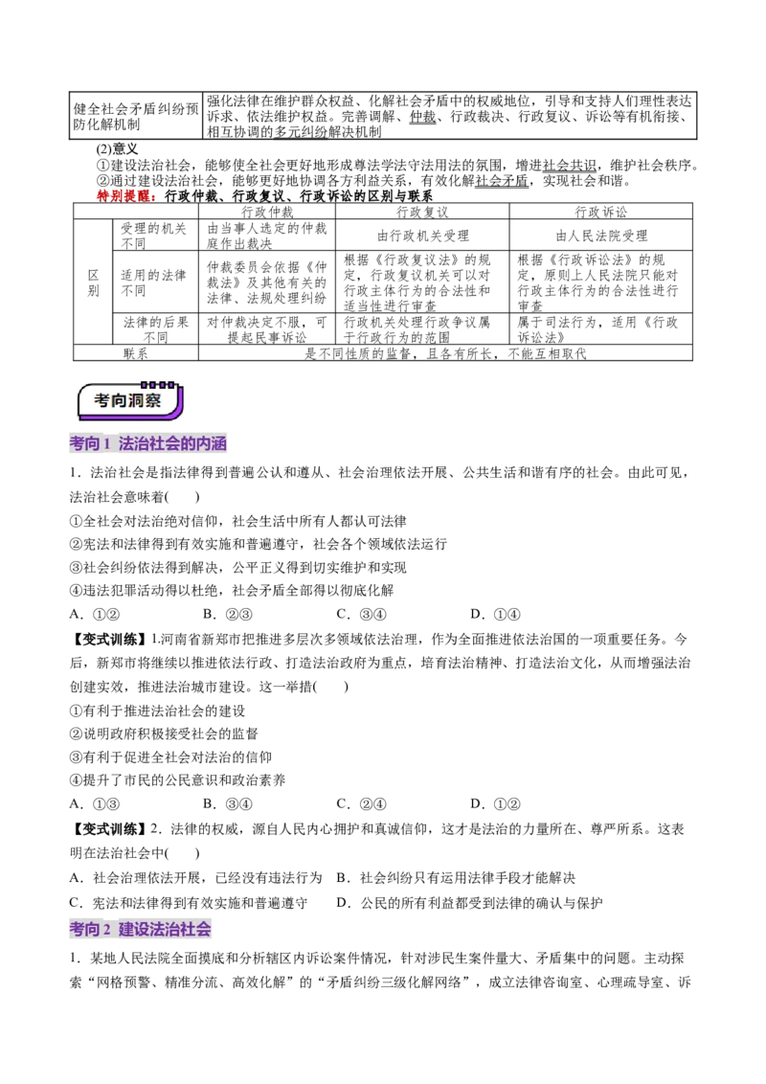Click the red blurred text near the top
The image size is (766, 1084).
[125, 195]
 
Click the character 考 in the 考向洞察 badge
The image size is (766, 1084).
[102, 400]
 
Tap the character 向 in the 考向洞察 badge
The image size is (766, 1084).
[119, 400]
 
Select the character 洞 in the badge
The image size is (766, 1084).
[136, 400]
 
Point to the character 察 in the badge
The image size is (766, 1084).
[153, 400]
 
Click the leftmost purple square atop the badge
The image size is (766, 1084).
[144, 384]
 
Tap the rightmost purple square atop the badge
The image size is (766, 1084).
[171, 384]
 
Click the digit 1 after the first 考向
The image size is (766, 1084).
[107, 444]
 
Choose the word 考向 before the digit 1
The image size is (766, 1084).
[85, 444]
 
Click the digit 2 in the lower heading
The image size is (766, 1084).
[107, 929]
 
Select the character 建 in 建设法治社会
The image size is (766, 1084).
[126, 929]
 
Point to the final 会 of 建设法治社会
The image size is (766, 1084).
[204, 929]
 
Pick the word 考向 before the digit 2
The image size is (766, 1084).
[85, 929]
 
